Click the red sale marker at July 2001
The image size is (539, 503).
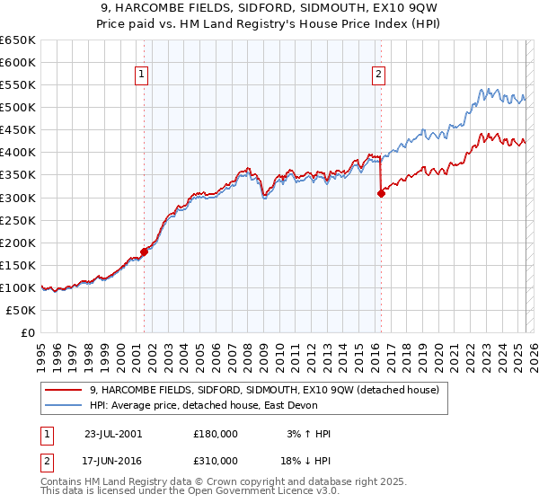[144, 251]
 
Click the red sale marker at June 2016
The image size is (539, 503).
[381, 192]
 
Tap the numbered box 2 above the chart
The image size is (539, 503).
[379, 75]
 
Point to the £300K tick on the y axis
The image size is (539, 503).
[17, 198]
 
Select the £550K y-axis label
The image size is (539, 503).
[17, 85]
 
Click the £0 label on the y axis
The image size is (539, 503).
[27, 333]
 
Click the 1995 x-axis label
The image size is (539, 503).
[40, 351]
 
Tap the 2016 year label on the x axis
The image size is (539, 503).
[374, 351]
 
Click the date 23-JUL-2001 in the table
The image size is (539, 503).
[112, 434]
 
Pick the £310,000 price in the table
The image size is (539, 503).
[216, 464]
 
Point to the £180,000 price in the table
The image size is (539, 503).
[216, 434]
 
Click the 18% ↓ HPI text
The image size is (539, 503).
[305, 464]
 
